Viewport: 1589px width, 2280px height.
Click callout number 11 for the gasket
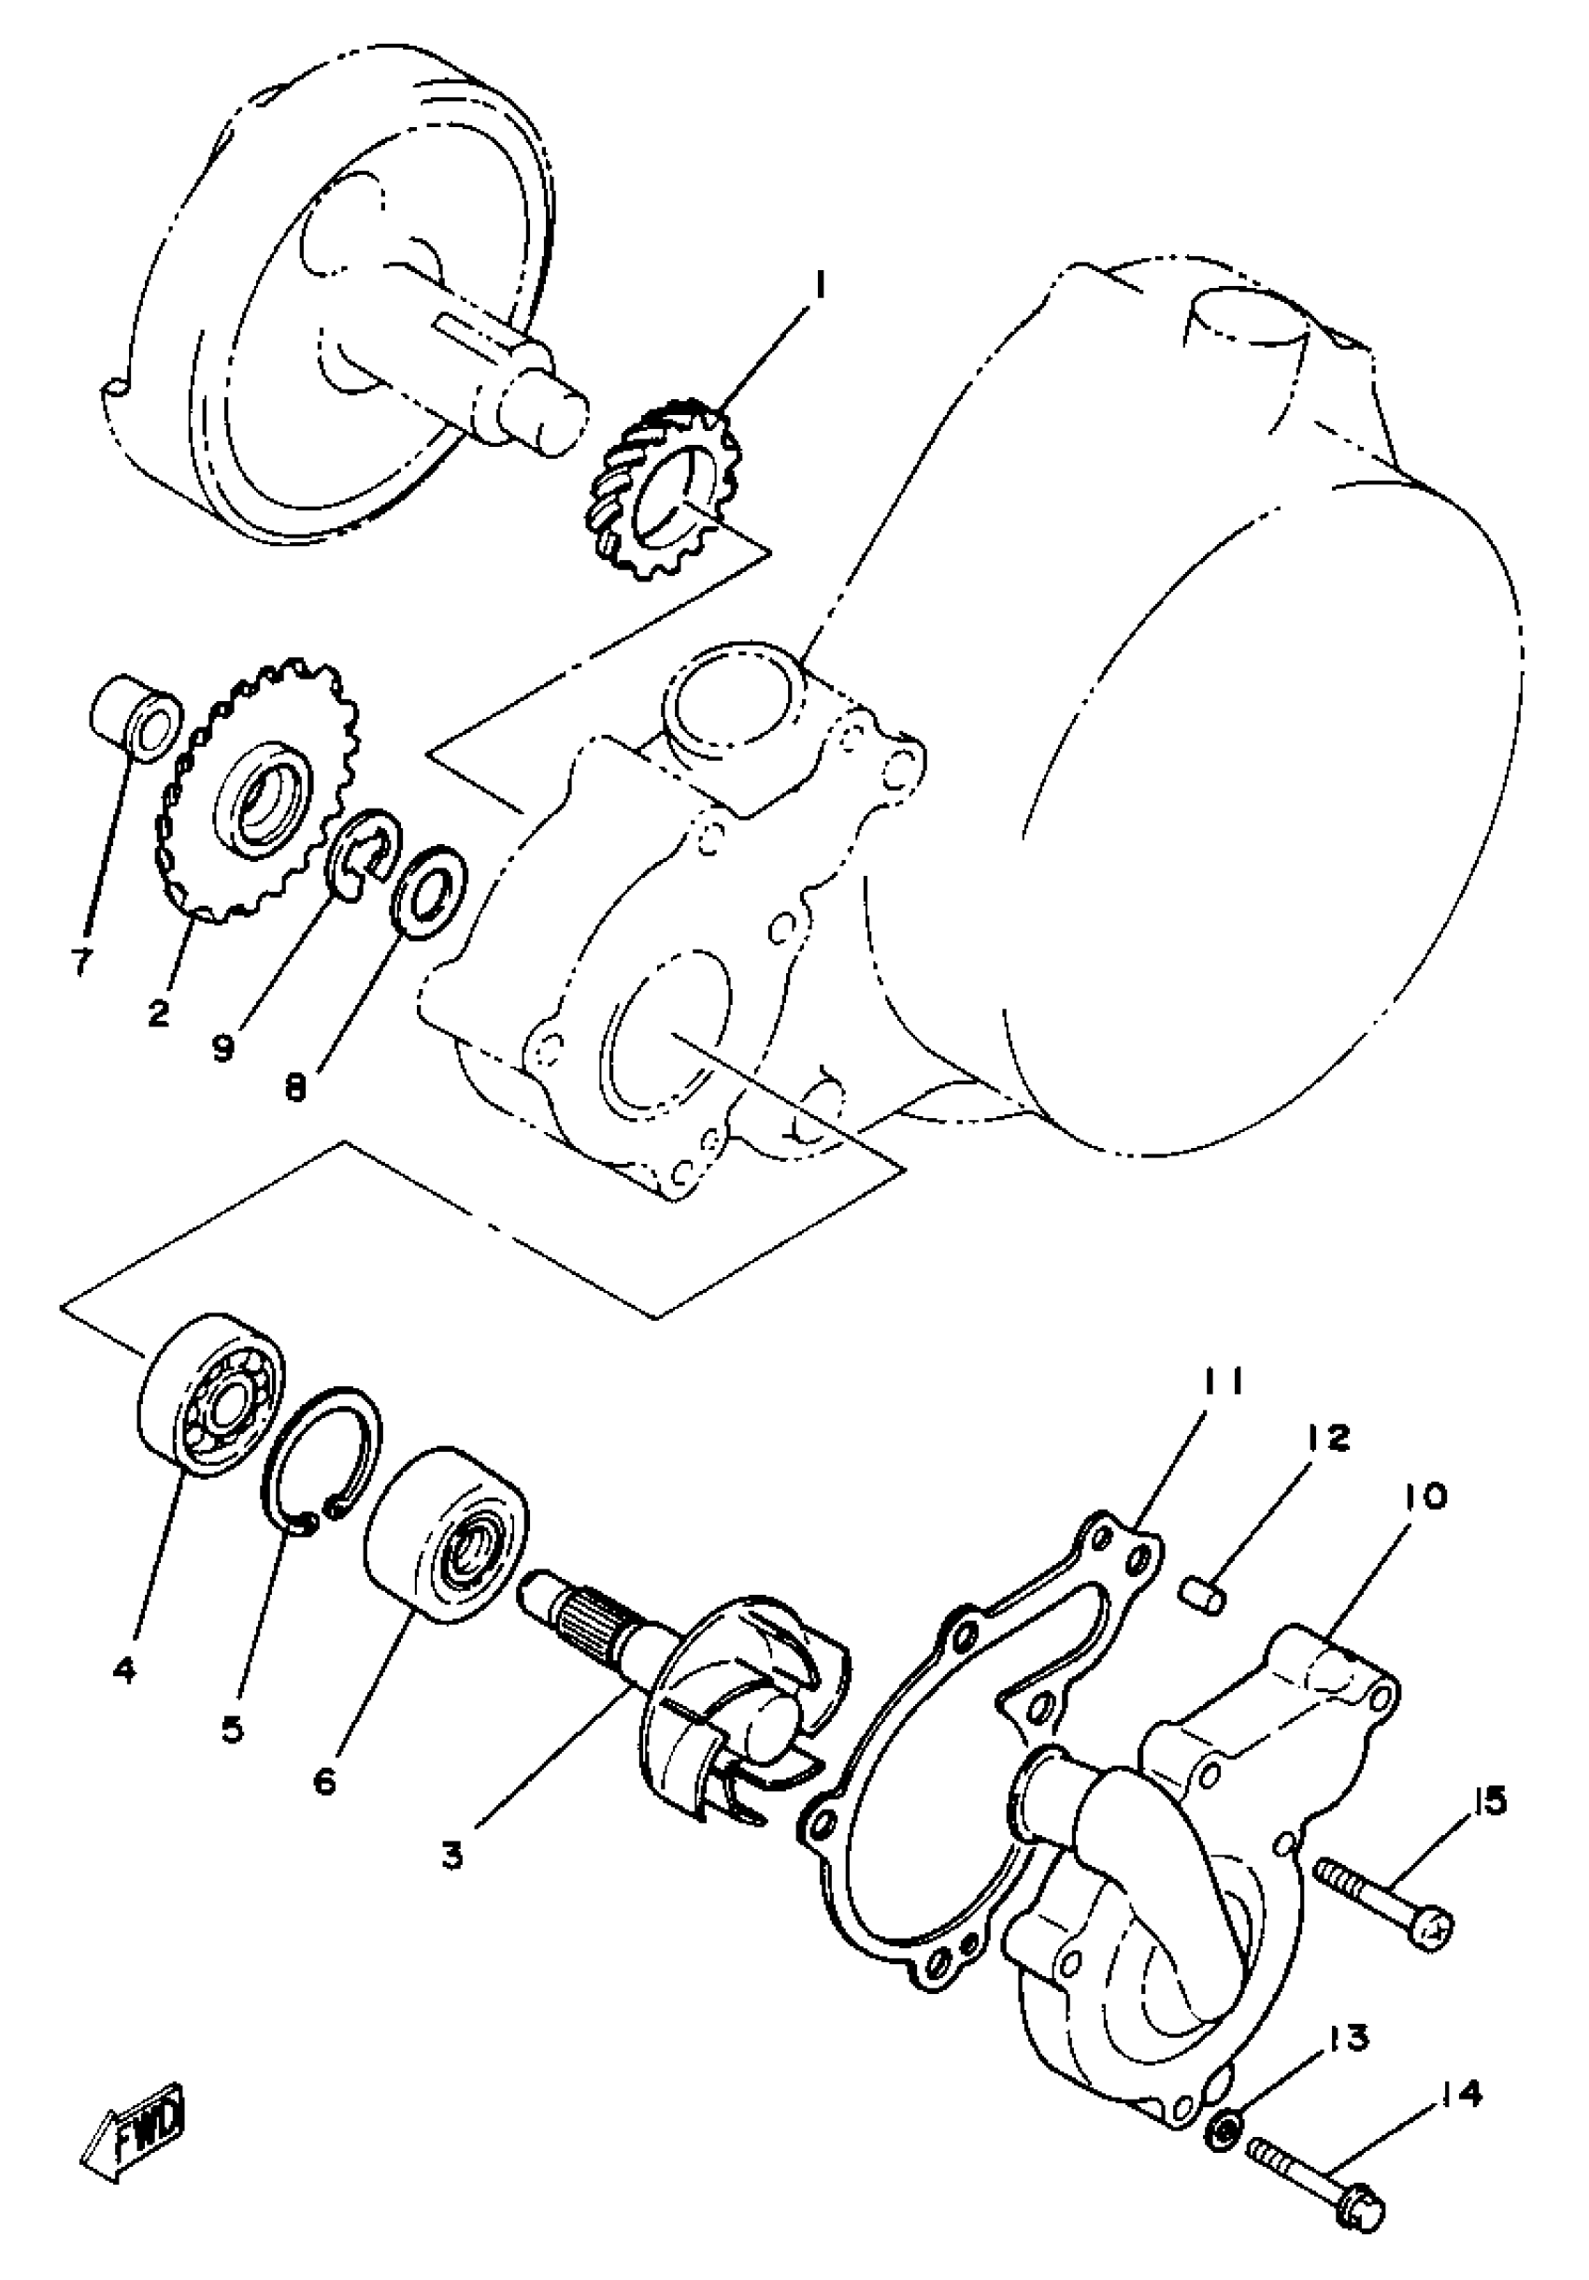tap(1223, 1382)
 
